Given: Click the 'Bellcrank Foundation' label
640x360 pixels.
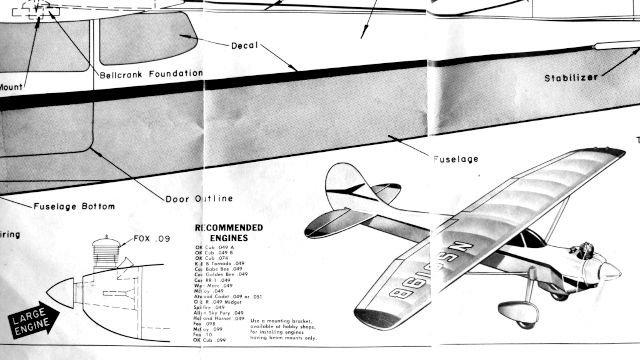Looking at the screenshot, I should point(151,74).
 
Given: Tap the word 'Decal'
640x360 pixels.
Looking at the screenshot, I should point(245,45).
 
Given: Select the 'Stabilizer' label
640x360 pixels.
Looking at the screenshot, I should point(571,78).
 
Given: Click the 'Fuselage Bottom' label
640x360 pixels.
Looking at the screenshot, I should point(75,207).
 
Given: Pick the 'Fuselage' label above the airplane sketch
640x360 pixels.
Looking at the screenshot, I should point(455,159).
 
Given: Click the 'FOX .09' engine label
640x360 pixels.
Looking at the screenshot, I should point(151,240).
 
